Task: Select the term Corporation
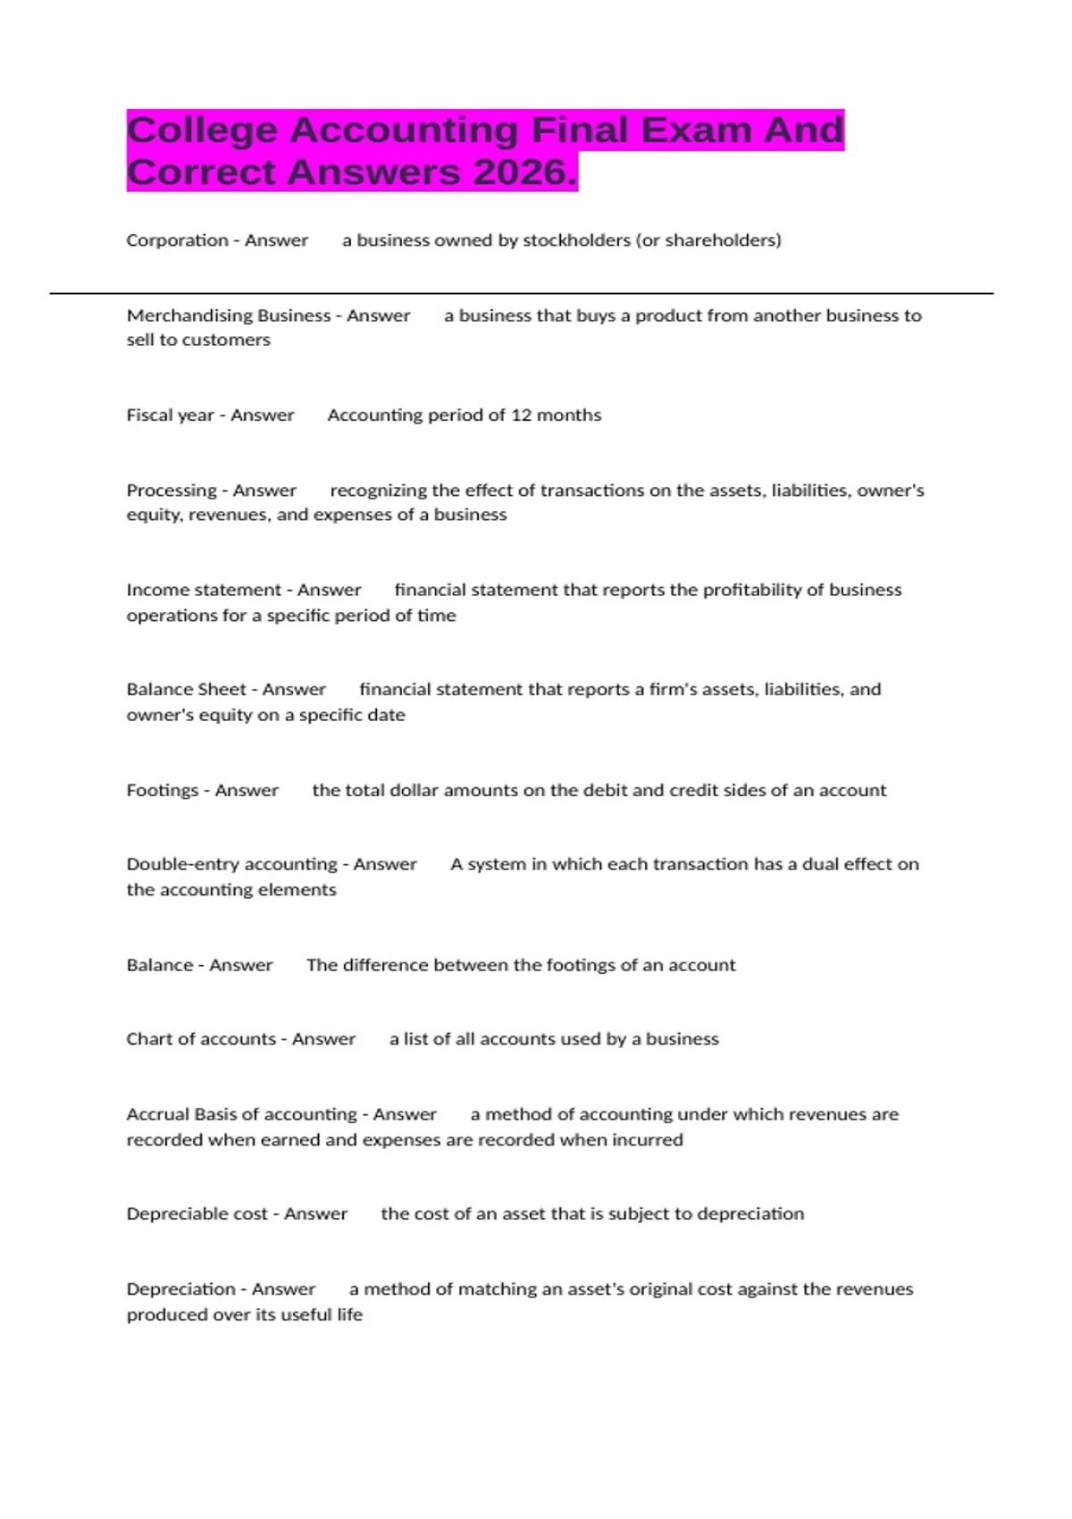177,240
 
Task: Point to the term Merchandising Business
229,315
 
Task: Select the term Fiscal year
170,415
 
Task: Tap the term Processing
172,491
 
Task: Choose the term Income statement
204,590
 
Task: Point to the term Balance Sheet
186,689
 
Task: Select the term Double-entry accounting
231,864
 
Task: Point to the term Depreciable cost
197,1213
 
